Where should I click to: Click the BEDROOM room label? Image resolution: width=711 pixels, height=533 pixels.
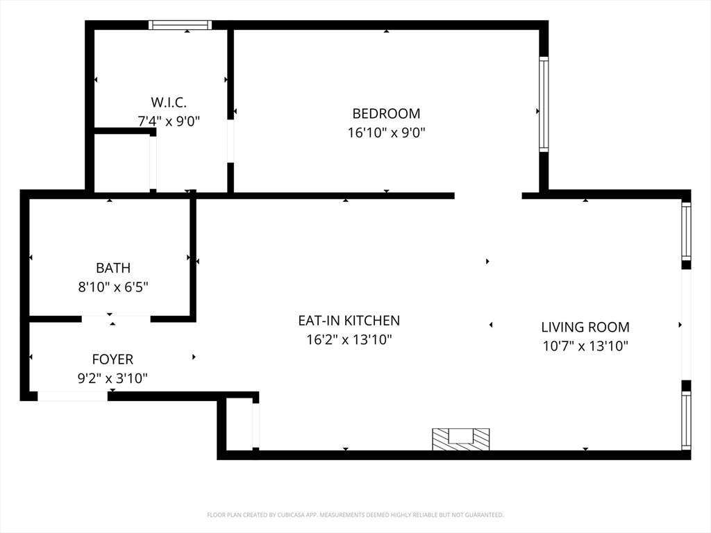click(386, 113)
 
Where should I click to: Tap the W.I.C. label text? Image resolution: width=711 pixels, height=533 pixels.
click(169, 103)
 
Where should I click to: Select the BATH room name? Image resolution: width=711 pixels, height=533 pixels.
click(113, 268)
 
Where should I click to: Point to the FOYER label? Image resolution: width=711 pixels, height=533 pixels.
click(113, 359)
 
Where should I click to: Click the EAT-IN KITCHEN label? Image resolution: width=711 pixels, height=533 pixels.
click(349, 321)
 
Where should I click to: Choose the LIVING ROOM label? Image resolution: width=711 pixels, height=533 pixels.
click(585, 328)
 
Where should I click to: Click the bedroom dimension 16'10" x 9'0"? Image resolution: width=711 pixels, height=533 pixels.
click(386, 133)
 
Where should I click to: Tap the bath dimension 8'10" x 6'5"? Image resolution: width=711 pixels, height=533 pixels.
click(113, 287)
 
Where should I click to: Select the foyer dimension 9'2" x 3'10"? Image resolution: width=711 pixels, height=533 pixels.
click(113, 378)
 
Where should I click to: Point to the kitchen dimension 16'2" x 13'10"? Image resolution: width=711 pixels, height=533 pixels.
click(349, 340)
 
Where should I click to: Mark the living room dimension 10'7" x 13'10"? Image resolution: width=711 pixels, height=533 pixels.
click(585, 346)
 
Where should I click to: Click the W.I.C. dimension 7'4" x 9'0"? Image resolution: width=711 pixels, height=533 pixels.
click(169, 121)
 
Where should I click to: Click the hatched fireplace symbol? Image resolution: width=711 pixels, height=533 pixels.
click(461, 439)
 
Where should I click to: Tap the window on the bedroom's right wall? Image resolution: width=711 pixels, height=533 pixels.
click(544, 104)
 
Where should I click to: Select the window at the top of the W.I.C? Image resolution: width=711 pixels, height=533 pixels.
click(181, 25)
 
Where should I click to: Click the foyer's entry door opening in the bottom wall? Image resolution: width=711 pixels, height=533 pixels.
click(72, 396)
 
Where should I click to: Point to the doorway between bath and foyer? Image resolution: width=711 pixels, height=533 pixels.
click(116, 319)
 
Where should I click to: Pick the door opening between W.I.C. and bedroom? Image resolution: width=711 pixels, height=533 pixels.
click(231, 141)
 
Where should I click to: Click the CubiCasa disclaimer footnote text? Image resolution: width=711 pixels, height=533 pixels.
click(355, 515)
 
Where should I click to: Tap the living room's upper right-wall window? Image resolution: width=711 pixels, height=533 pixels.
click(687, 231)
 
